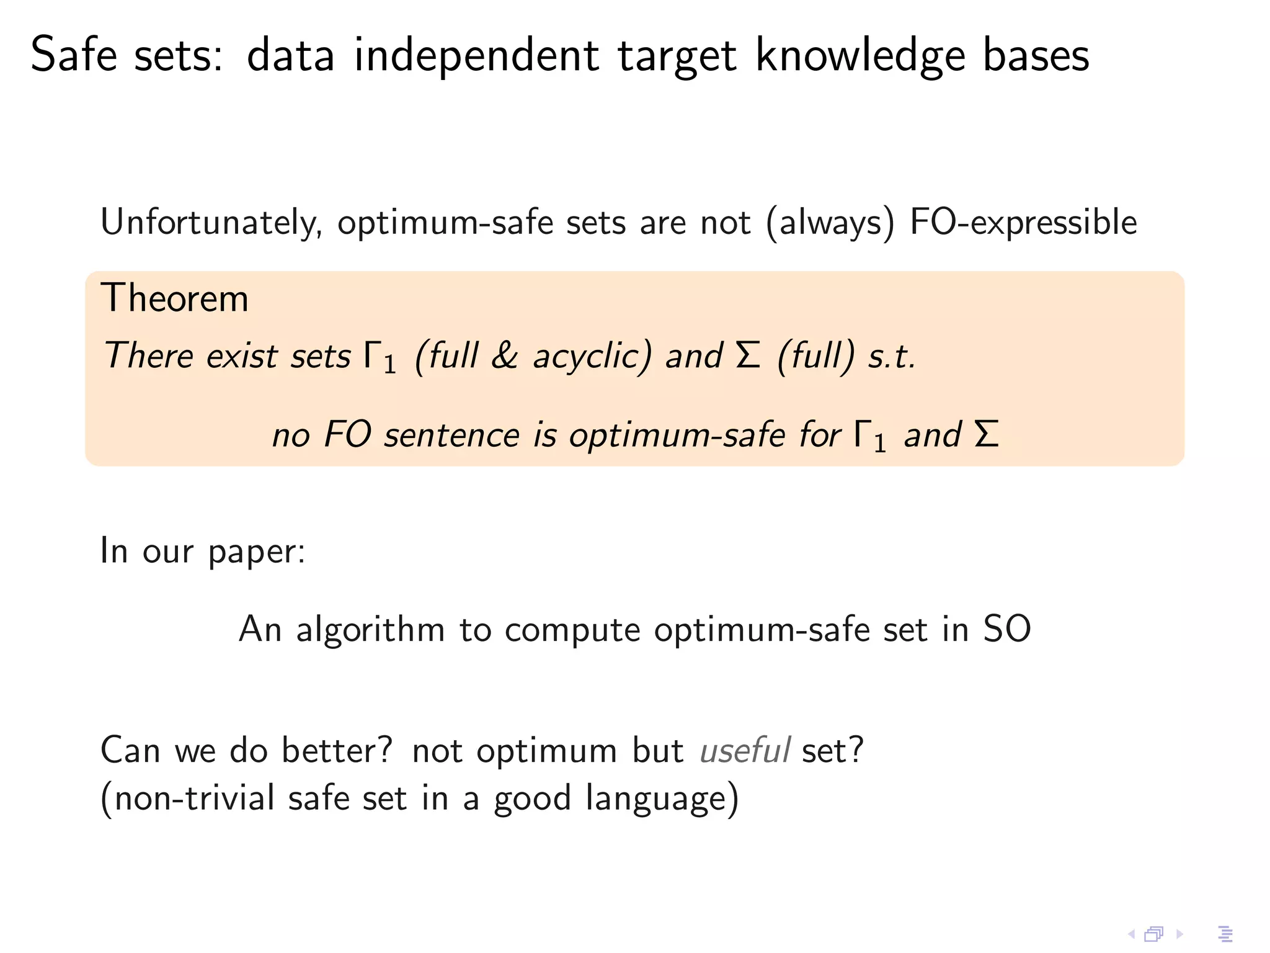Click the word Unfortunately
click(x=211, y=223)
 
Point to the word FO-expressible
click(x=1023, y=223)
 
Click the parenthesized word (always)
click(x=831, y=223)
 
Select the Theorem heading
click(x=174, y=298)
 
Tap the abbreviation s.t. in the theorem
click(x=891, y=357)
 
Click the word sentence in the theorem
click(x=451, y=434)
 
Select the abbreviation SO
click(x=1006, y=629)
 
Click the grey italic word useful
click(x=745, y=750)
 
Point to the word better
click(x=337, y=750)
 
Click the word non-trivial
click(x=194, y=799)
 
